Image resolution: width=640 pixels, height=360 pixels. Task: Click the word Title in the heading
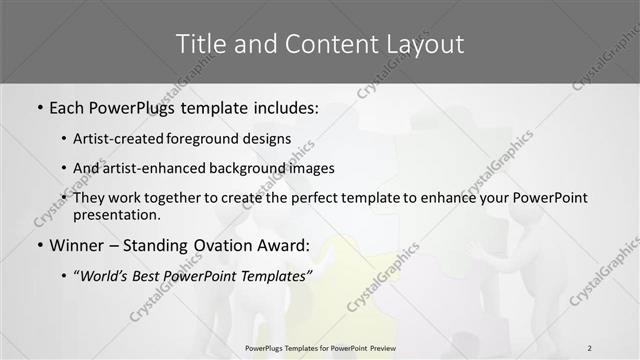(x=198, y=44)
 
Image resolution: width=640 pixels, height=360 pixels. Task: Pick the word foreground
(x=213, y=140)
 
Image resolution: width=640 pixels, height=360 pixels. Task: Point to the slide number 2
(x=590, y=347)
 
